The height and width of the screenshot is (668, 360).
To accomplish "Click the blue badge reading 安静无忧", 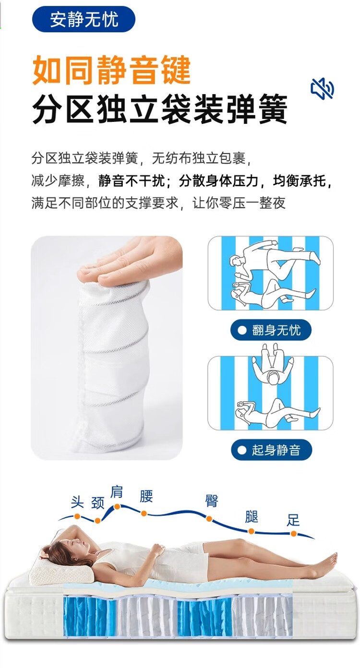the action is tap(84, 19).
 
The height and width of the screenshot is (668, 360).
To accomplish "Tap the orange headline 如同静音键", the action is tap(111, 71).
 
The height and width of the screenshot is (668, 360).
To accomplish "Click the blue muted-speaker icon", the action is tap(322, 89).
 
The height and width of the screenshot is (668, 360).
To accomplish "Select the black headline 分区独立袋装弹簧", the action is tap(160, 109).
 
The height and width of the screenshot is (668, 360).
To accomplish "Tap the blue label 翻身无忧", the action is tap(271, 330).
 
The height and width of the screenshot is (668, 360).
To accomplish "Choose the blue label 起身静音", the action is tap(271, 450).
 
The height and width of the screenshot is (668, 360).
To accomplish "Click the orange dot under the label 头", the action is tap(77, 516).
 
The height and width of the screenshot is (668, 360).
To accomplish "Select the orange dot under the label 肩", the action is tap(117, 506).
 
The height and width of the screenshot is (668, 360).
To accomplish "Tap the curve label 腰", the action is tap(146, 496).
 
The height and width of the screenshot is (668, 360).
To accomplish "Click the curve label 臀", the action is tap(212, 501).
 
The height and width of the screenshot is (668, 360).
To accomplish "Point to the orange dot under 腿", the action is tap(251, 531).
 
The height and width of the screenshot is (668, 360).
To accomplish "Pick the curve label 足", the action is tap(293, 520).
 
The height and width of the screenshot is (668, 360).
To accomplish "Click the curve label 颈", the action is tap(97, 502).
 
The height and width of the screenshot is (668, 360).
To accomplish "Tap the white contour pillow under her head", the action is tap(61, 571).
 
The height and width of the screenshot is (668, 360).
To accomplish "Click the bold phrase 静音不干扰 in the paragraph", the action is tap(132, 181).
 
